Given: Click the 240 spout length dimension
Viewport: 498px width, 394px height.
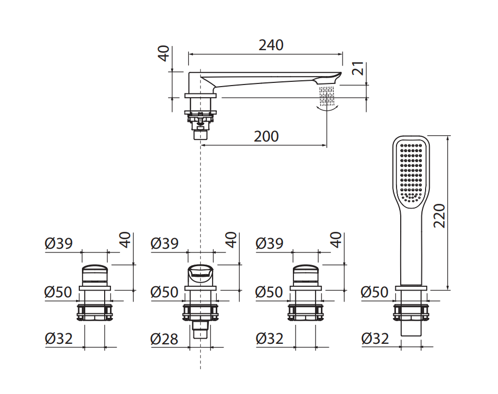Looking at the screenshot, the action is pyautogui.click(x=271, y=45).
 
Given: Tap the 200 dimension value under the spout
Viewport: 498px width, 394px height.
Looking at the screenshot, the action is pyautogui.click(x=266, y=137).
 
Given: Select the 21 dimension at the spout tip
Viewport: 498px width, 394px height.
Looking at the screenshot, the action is pyautogui.click(x=358, y=69).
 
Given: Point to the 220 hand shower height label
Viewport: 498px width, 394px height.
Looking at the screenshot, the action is pyautogui.click(x=439, y=215).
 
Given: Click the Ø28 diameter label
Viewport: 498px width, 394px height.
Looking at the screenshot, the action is pyautogui.click(x=164, y=339).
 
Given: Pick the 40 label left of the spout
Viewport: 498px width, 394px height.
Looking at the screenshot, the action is pyautogui.click(x=164, y=54).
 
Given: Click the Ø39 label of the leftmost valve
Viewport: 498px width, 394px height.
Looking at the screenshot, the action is pyautogui.click(x=59, y=243).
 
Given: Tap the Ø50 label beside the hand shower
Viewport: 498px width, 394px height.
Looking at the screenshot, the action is pyautogui.click(x=374, y=292).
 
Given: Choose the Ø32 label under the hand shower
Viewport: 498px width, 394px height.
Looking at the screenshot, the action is pyautogui.click(x=375, y=339).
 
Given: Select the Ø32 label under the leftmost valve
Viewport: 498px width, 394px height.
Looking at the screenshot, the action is pyautogui.click(x=59, y=339).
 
